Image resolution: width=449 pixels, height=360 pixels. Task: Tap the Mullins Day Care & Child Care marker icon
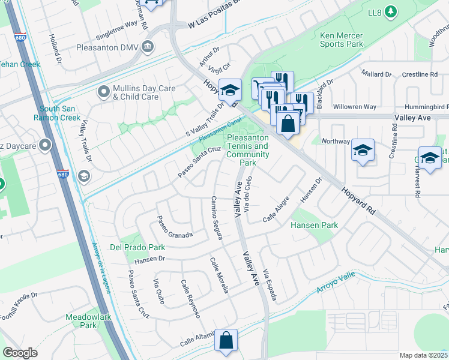(103, 92)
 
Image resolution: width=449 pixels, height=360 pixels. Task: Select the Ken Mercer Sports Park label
(341, 40)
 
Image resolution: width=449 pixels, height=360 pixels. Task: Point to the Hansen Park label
(314, 225)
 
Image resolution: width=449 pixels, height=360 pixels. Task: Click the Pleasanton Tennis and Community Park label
(247, 150)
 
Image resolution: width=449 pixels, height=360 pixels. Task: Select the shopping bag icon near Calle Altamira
(226, 340)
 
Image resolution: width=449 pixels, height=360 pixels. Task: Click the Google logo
(20, 353)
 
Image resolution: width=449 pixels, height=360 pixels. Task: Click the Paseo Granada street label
(174, 226)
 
